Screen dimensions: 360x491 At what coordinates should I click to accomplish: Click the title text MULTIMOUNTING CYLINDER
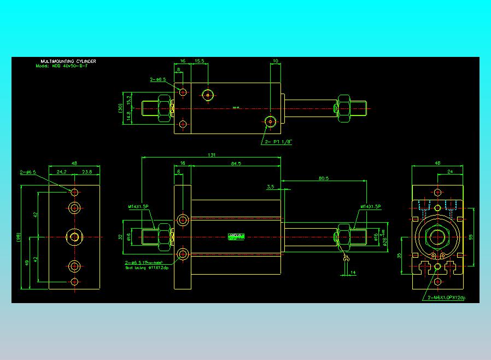click(68, 61)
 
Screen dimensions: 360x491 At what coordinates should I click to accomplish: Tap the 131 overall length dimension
click(212, 155)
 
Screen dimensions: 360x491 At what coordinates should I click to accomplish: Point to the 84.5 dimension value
click(236, 163)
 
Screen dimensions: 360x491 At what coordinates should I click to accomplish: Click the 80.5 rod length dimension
click(323, 178)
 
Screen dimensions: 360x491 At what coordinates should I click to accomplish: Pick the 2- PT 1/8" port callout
click(279, 142)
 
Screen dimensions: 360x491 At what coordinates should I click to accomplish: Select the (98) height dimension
click(18, 237)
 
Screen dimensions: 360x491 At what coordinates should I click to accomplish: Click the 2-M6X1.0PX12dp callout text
click(446, 298)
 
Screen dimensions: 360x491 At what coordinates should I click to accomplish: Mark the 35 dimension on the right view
click(400, 255)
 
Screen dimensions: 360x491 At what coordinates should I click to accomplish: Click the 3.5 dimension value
click(270, 187)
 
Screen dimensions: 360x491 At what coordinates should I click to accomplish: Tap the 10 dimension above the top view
click(275, 61)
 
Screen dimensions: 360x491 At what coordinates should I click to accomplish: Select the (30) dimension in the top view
click(120, 107)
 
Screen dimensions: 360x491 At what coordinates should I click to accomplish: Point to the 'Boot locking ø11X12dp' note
click(148, 268)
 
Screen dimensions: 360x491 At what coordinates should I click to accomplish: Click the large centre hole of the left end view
click(74, 236)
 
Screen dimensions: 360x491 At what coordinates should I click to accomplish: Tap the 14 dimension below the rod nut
click(353, 272)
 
